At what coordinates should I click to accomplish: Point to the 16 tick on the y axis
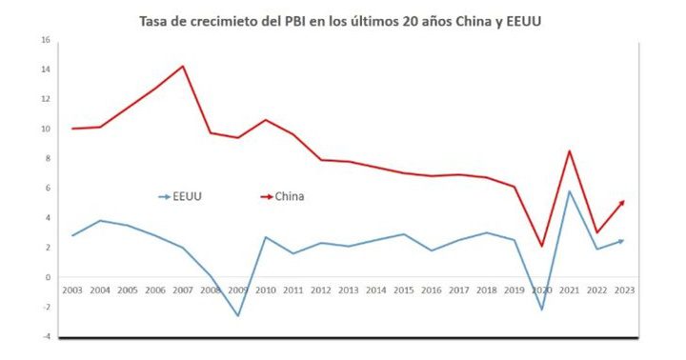pos(45,40)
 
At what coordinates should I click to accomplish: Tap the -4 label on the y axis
pos(44,336)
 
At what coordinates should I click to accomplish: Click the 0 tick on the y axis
pos(47,277)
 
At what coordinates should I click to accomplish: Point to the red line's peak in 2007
pos(182,66)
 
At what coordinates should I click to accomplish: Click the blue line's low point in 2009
pos(237,315)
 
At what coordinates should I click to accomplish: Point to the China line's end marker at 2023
pos(622,201)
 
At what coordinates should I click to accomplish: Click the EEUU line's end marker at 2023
pos(622,241)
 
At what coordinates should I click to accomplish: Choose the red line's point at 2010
pos(265,120)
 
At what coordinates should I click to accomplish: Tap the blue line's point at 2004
pos(99,221)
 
